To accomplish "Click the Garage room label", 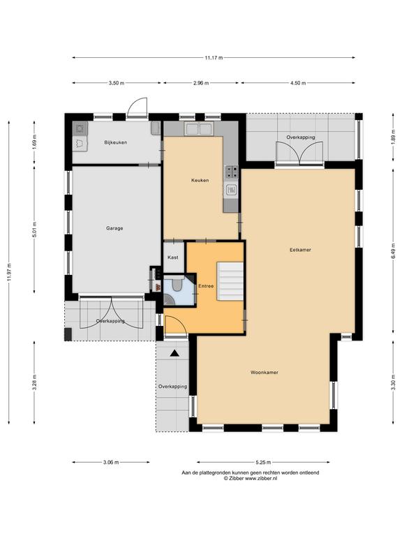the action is coord(114,228).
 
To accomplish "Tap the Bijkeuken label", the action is coord(116,142).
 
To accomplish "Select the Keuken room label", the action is coord(200,180).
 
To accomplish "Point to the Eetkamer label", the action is coord(300,250).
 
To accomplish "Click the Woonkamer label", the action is coord(265,372).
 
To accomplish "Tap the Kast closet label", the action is coord(172,258).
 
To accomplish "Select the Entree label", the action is coord(206,286).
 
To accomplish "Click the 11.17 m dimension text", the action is coord(214,58).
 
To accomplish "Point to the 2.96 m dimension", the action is coord(201,83).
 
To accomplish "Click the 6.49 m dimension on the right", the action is coord(393,252).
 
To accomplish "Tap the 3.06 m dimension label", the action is coord(111,463).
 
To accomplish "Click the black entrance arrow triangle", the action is coord(174,353).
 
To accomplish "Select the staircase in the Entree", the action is coord(230,281).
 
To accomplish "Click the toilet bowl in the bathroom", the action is coord(177,285).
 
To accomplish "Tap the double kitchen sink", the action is coord(198,129).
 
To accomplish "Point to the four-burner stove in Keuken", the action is coord(231,172).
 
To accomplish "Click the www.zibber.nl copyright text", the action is coord(251,479).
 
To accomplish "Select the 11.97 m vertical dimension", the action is coord(9,272).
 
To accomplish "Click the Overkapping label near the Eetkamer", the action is coord(301,137).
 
